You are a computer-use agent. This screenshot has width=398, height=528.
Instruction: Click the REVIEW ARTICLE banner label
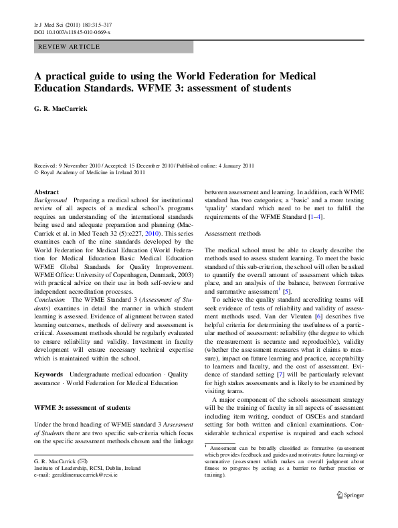coord(70,47)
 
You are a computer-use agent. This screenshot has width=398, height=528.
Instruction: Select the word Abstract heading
coord(46,192)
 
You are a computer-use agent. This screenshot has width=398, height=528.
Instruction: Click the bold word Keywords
coord(49,374)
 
